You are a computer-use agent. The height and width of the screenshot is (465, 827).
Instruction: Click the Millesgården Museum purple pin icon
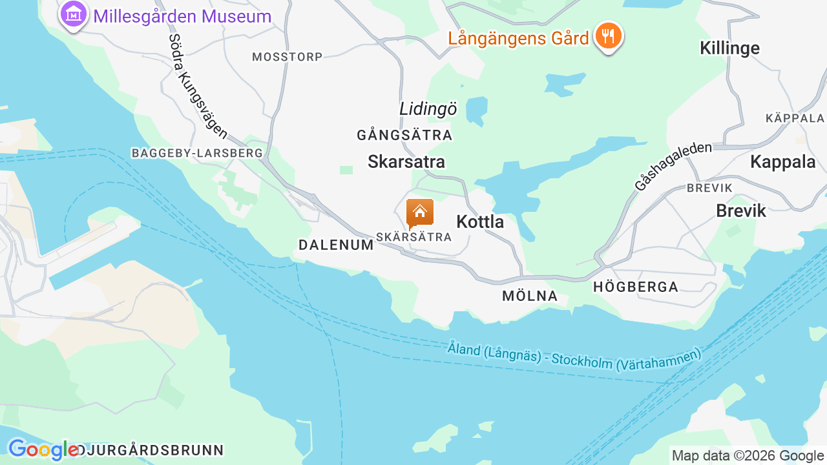74,14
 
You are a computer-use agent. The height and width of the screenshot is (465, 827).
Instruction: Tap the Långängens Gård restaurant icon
608,36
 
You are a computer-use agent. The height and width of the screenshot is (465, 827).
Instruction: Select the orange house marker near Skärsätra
419,212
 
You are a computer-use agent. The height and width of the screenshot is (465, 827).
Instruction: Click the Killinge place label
729,48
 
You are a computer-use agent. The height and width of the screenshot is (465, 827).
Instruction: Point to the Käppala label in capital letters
795,118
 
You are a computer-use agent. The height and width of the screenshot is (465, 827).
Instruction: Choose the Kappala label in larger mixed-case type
782,162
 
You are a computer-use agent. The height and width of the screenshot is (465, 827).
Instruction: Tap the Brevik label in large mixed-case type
740,211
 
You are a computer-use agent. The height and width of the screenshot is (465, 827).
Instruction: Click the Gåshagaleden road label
673,166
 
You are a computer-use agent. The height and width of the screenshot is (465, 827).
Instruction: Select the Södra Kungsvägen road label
198,86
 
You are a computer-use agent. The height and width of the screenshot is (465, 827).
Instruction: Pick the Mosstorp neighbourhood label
287,57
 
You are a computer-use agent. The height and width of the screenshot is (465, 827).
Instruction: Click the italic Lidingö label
428,109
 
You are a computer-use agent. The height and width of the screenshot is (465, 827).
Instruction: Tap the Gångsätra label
404,136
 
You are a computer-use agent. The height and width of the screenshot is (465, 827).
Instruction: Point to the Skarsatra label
406,161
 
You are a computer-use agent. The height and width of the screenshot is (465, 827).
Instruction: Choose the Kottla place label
480,222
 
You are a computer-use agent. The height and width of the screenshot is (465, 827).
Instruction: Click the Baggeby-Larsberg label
197,153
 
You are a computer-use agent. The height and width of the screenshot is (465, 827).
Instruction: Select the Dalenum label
336,245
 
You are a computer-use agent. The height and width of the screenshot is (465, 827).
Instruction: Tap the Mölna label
529,296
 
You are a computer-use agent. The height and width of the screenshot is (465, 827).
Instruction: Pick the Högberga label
636,287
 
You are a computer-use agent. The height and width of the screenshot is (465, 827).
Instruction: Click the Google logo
43,449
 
